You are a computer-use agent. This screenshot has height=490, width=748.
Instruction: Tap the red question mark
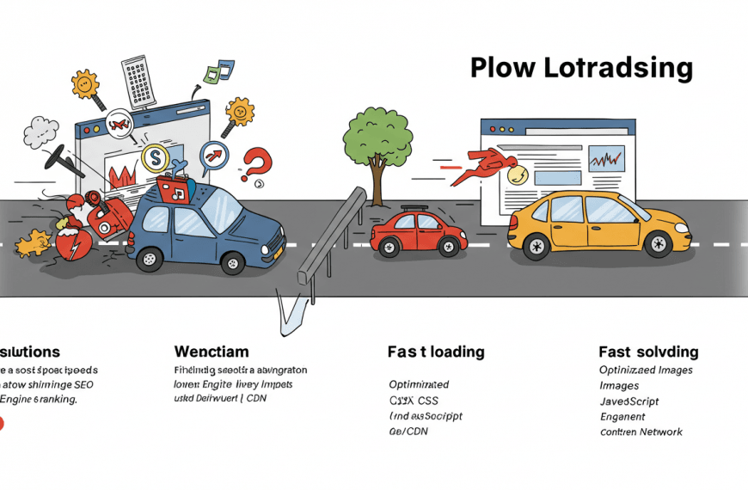[256, 163]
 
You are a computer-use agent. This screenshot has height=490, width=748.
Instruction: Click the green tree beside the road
[377, 136]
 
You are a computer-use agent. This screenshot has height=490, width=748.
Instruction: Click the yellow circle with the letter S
[155, 157]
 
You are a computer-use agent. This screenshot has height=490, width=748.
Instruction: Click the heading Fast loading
[435, 352]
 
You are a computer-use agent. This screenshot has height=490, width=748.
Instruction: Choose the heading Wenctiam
[211, 352]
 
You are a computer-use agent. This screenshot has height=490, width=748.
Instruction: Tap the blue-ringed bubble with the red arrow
[214, 156]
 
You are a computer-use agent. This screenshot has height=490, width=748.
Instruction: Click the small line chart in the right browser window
[606, 158]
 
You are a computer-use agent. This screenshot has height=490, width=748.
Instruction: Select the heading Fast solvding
[648, 352]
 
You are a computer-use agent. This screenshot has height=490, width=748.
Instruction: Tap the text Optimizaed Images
[646, 370]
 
